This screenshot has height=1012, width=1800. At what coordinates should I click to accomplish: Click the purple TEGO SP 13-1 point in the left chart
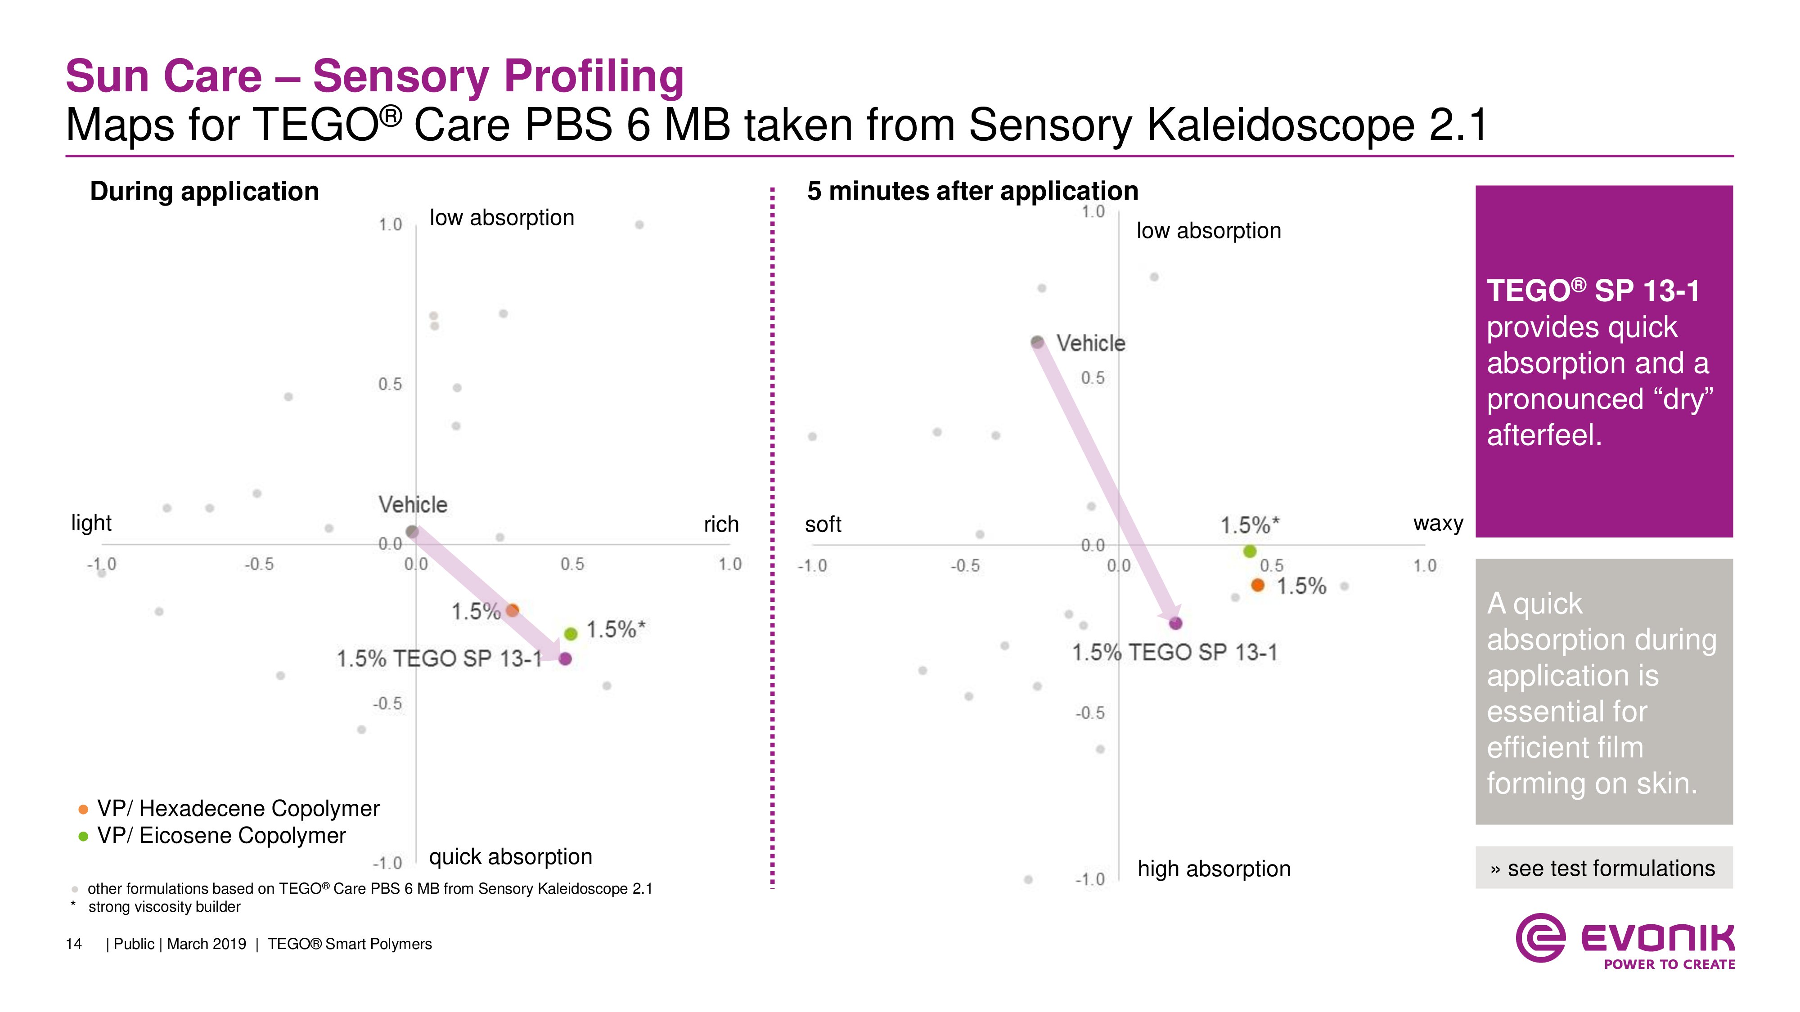coord(565,658)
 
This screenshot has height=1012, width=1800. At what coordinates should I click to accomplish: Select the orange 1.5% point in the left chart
coord(512,610)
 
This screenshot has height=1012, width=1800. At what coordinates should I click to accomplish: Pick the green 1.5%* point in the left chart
coord(571,633)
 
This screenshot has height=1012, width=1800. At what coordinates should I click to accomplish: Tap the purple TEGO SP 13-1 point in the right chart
coord(1176,623)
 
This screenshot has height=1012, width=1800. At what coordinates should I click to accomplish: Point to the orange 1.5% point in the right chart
coord(1258,585)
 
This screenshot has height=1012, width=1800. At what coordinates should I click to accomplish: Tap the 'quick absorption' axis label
coord(510,857)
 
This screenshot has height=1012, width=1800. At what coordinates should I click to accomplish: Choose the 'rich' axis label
coord(721,524)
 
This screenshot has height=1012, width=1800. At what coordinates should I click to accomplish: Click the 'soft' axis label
coord(823,524)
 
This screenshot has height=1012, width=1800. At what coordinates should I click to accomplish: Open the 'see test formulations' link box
coord(1604,868)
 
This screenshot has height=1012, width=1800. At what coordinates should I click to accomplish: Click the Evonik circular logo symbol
coord(1540,938)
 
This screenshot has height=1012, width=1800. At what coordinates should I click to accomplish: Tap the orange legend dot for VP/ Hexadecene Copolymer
coord(83,810)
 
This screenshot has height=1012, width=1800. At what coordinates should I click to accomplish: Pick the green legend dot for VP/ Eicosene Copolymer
coord(83,837)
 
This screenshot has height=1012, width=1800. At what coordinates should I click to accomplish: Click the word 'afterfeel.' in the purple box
coord(1544,435)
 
